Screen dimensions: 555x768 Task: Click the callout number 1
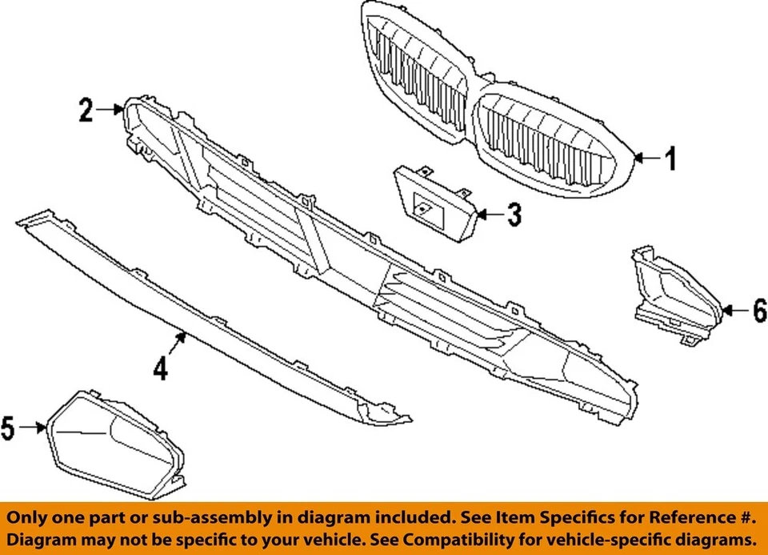pos(671,159)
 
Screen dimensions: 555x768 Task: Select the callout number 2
pos(86,110)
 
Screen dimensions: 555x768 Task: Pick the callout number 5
pos(8,428)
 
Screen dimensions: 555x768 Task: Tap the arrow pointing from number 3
pos(490,215)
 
